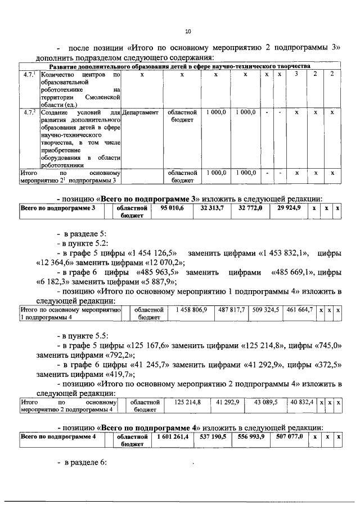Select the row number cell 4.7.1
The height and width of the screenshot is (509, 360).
click(30, 74)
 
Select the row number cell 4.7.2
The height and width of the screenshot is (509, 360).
click(30, 112)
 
